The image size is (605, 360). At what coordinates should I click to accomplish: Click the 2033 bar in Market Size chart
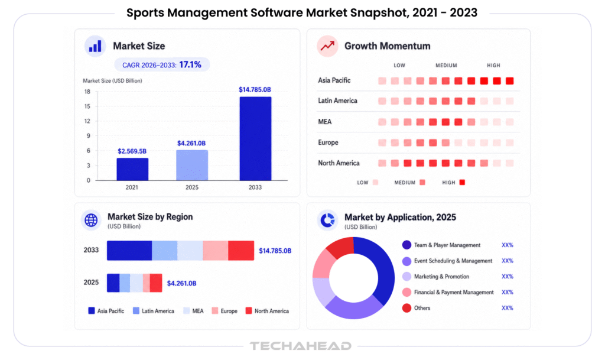pos(255,138)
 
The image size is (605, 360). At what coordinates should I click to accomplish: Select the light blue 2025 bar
pos(192,165)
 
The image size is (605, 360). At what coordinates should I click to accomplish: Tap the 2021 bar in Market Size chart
pos(132,169)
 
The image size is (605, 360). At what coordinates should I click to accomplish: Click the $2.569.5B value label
pos(132,151)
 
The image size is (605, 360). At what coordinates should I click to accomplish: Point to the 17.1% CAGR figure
pos(190,64)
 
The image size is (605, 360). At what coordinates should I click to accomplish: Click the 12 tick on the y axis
pos(87,121)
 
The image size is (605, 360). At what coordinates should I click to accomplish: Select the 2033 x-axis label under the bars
pos(255,187)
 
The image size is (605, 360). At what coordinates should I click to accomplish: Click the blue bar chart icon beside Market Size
pos(95,46)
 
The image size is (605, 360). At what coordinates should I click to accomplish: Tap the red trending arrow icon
pos(327,46)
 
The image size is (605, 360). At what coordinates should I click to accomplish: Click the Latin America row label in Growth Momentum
pos(337,100)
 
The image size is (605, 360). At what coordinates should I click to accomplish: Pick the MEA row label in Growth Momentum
pos(325,122)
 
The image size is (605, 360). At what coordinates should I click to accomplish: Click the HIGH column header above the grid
pos(493,66)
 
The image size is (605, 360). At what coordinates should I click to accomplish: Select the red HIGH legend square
pos(462,183)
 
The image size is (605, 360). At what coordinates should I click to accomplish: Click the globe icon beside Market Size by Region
pos(91,220)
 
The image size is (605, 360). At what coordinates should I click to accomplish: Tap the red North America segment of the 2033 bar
pos(241,251)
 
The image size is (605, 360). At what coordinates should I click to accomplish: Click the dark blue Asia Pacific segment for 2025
pos(113,283)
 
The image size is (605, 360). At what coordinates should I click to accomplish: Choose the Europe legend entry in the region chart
pos(225,311)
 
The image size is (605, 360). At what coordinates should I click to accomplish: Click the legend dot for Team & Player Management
pos(406,245)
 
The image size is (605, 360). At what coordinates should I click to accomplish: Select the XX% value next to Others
pos(508,308)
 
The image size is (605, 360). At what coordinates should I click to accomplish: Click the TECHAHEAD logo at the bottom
pos(301,346)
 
